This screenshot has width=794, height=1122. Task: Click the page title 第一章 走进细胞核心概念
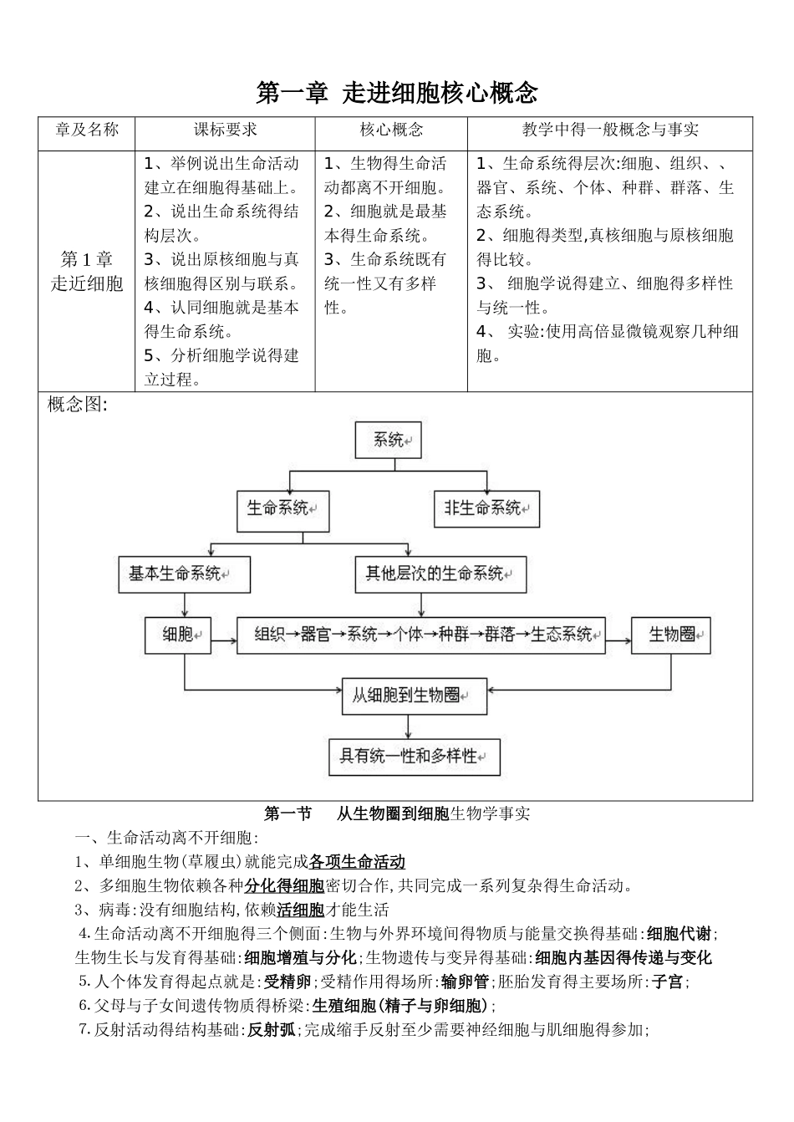(x=396, y=93)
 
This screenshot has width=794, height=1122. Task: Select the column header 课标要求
(x=225, y=130)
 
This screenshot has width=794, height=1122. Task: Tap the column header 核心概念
(x=390, y=130)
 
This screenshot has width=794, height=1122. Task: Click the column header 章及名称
(x=87, y=130)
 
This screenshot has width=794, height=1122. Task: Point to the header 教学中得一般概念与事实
(x=609, y=130)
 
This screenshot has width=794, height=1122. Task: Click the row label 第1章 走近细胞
(x=87, y=271)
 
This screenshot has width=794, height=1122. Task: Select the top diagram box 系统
(x=389, y=440)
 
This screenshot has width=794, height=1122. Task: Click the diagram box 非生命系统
(x=486, y=508)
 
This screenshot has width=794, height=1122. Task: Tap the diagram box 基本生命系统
(x=184, y=574)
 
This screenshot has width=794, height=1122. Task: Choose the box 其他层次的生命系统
(x=440, y=574)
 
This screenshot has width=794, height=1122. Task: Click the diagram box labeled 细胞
(x=178, y=635)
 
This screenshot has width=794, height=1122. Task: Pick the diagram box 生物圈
(x=671, y=635)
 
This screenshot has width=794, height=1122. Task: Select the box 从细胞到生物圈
(x=414, y=695)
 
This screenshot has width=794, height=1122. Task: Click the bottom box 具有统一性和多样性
(x=414, y=757)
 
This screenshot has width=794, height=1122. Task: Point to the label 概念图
(x=77, y=405)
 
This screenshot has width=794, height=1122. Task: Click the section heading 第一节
(x=288, y=813)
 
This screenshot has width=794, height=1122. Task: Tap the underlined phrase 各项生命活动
(x=357, y=862)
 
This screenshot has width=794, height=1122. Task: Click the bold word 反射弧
(x=271, y=1031)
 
